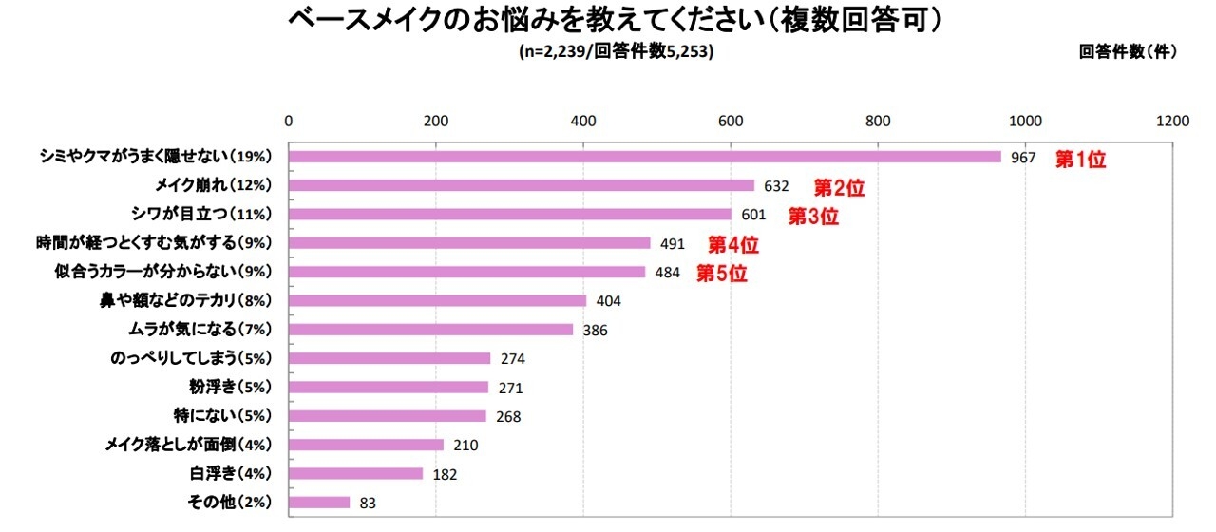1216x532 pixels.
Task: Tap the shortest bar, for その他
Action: [319, 502]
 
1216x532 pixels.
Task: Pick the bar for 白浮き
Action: [355, 473]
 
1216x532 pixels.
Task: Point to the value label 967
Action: [1023, 158]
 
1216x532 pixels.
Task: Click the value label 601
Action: [753, 215]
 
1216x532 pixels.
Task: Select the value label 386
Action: [595, 330]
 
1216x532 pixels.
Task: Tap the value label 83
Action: [369, 503]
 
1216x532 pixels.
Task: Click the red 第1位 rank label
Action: [1081, 160]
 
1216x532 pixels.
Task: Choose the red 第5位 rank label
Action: [722, 275]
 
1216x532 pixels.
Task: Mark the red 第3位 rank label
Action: [814, 217]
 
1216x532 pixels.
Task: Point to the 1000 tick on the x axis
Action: [1025, 121]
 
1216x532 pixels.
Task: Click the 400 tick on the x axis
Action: [582, 121]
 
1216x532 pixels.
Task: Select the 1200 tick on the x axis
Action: [1173, 121]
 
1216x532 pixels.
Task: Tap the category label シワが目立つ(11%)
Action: [212, 214]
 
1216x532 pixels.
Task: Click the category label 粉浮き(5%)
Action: [231, 387]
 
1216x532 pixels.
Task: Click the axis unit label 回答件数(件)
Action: [1128, 52]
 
